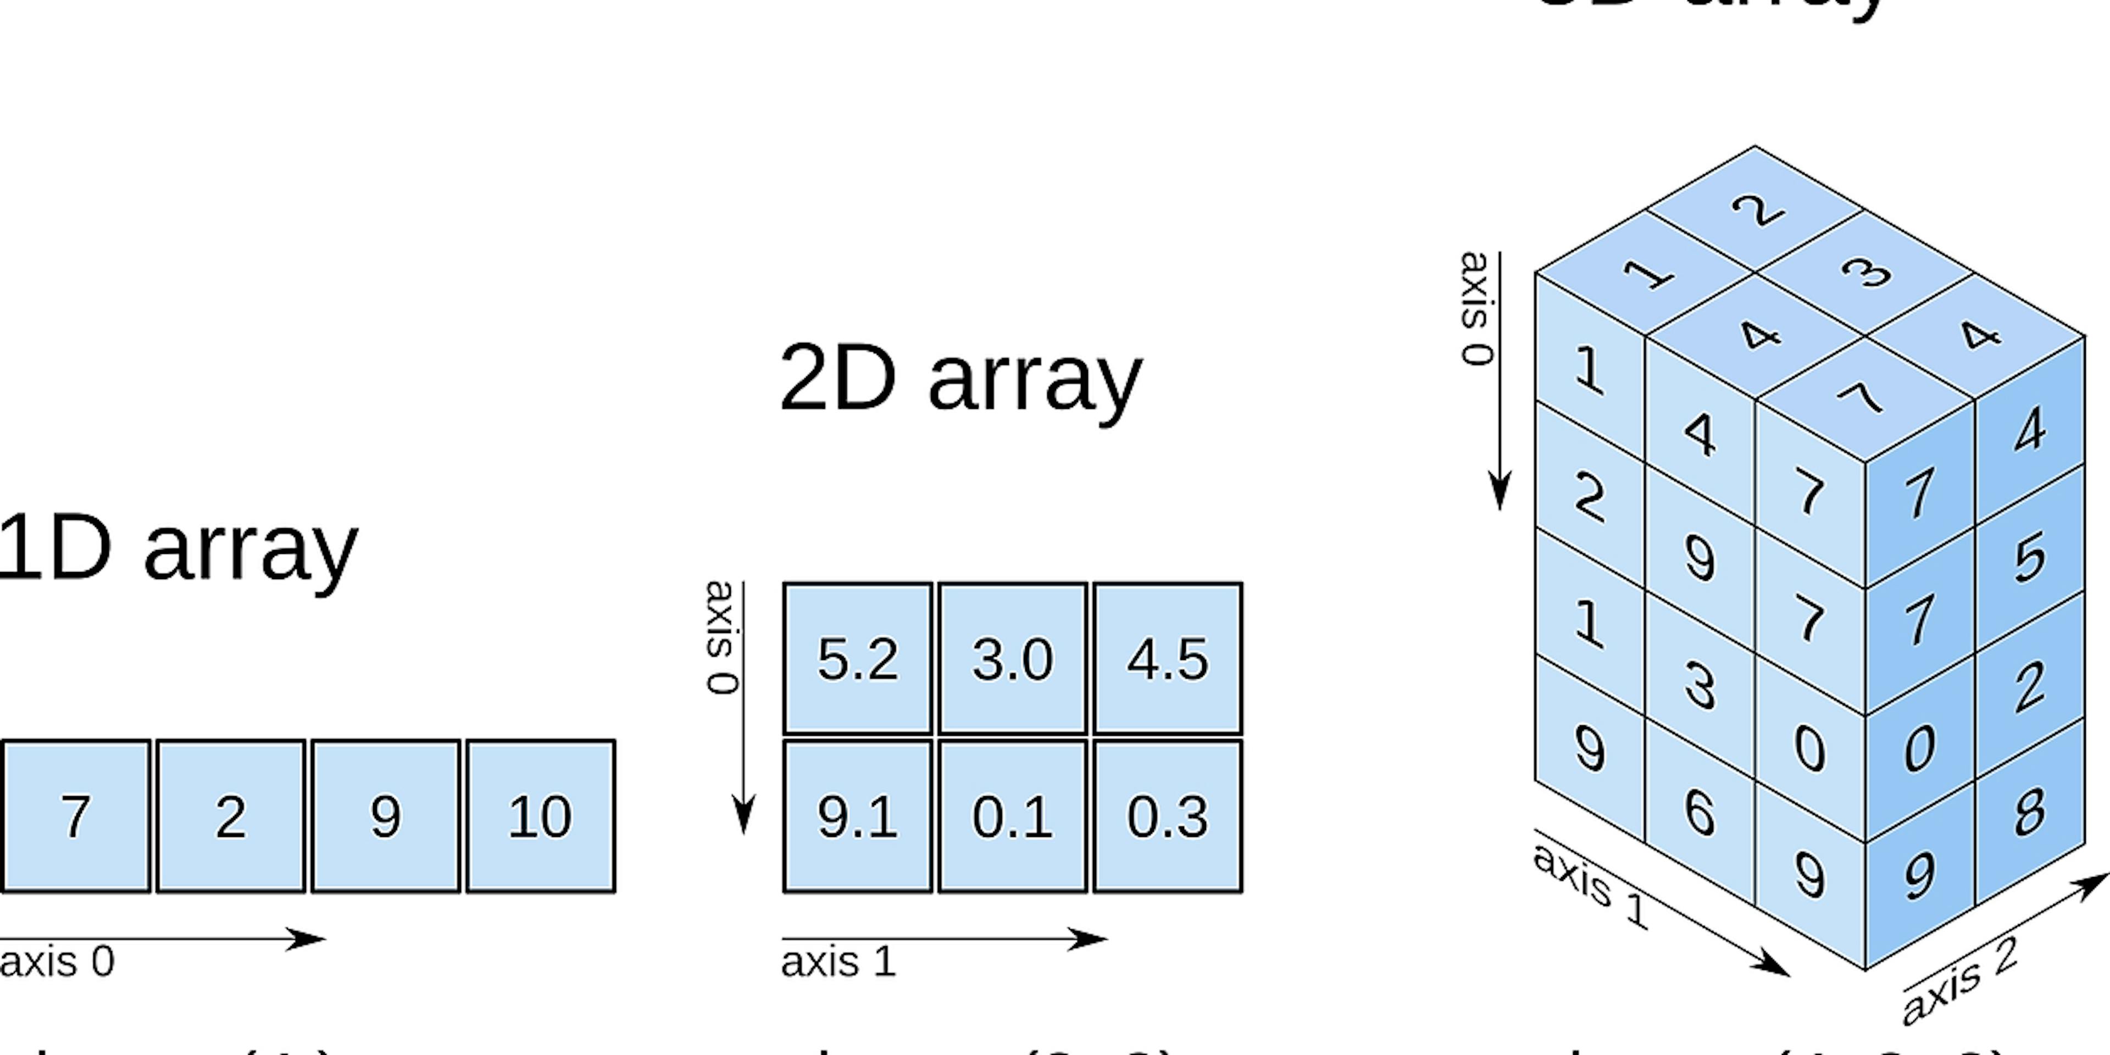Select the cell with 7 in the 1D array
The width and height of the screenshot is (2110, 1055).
click(x=75, y=817)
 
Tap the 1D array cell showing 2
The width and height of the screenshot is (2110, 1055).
click(x=230, y=817)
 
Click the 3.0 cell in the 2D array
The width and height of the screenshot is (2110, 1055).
click(x=1012, y=659)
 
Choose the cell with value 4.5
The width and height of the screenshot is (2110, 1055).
click(x=1167, y=659)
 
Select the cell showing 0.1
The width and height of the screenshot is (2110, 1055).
click(x=1012, y=817)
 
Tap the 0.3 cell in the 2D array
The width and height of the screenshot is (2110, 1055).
click(x=1167, y=817)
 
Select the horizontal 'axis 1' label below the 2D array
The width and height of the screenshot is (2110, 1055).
click(x=838, y=962)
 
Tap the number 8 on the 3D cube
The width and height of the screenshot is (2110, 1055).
click(x=2029, y=813)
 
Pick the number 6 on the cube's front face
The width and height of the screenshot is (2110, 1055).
click(x=1700, y=813)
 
